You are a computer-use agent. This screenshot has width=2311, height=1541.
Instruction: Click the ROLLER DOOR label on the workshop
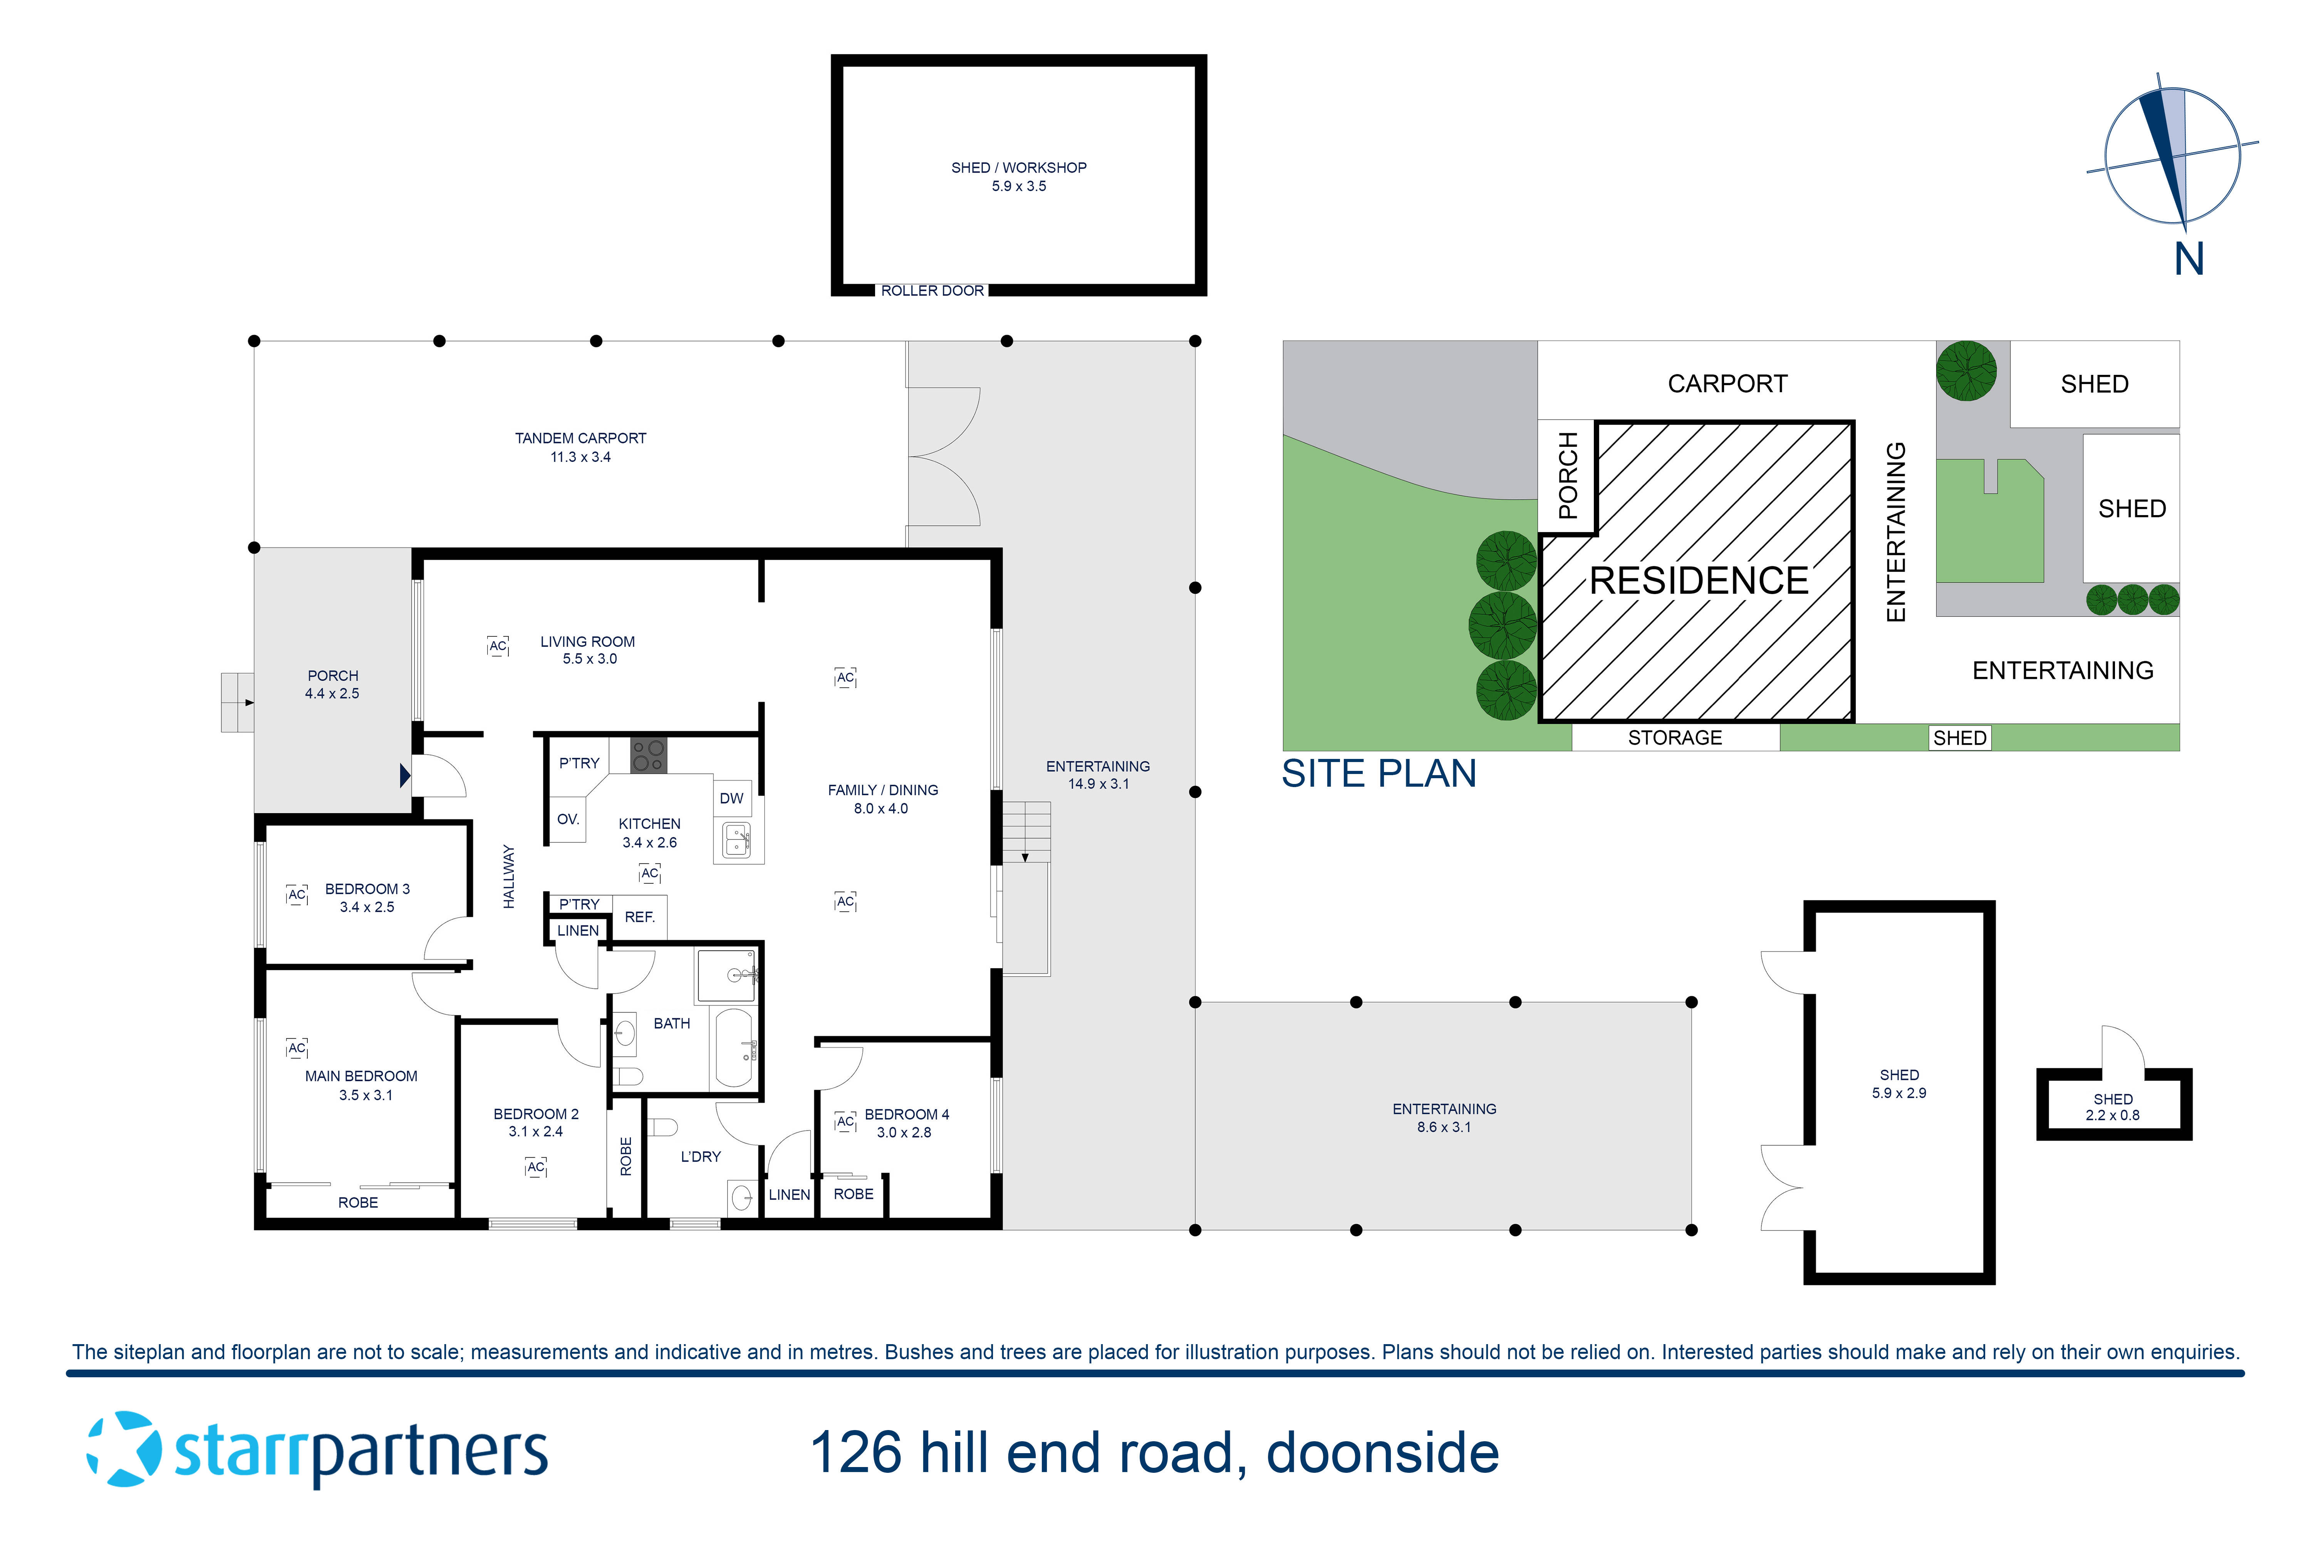click(931, 291)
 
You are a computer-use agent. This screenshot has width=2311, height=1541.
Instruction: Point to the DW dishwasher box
click(731, 798)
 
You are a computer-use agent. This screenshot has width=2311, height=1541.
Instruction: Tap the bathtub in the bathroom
click(733, 1047)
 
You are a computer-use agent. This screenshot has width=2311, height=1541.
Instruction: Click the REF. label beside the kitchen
click(640, 917)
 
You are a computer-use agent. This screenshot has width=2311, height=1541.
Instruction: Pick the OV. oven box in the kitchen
click(568, 820)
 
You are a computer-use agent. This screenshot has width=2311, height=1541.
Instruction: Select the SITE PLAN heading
click(1379, 774)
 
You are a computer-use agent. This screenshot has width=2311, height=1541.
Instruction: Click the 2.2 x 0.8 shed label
click(2113, 1115)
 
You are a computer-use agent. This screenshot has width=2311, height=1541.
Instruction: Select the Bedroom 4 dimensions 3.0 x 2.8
click(904, 1133)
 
